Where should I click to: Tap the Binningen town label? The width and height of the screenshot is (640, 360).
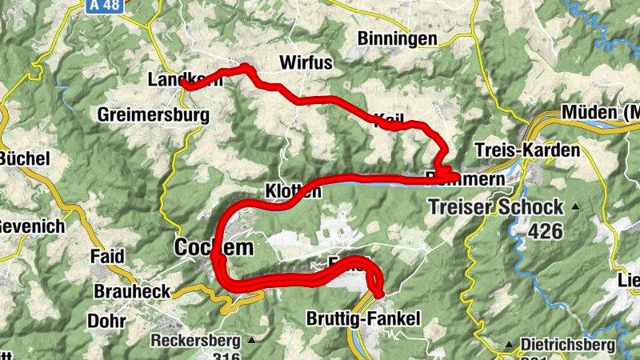tap(398, 38)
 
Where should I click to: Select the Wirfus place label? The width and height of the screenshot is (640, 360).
tap(305, 62)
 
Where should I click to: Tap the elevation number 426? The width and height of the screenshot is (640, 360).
tap(545, 231)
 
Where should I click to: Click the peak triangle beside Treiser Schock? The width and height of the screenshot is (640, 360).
tap(575, 206)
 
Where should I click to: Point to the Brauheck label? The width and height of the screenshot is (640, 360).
tap(131, 291)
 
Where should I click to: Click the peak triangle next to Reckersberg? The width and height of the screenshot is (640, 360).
tap(252, 340)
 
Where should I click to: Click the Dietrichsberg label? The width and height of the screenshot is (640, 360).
tap(568, 345)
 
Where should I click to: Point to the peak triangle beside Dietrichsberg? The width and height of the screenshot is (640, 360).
tap(509, 345)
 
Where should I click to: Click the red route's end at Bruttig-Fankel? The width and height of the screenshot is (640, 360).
tap(377, 297)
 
